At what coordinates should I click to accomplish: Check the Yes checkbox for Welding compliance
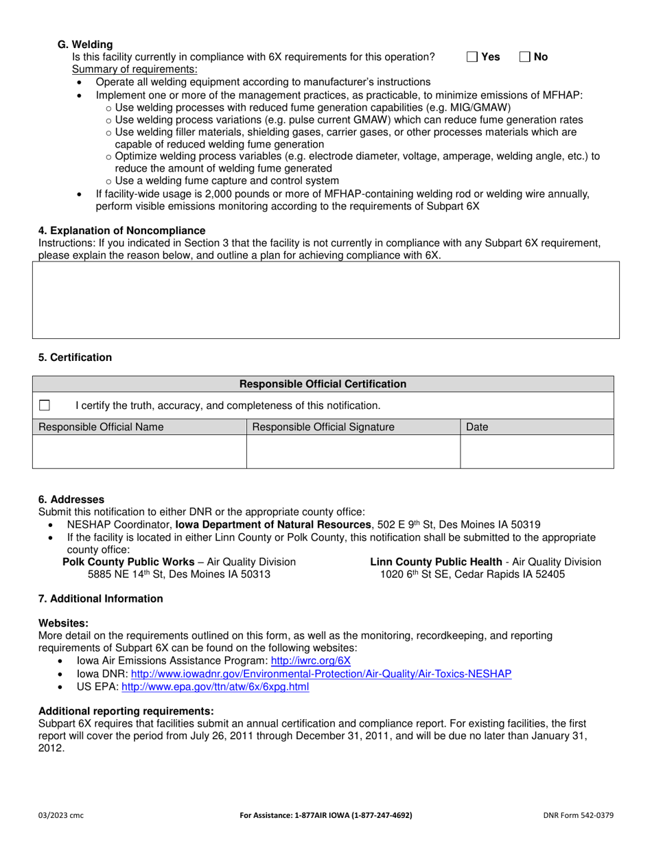pos(472,57)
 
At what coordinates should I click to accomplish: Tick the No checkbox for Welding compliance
pos(525,57)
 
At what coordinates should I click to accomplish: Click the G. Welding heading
pos(85,45)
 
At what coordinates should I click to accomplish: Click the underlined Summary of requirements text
pos(135,69)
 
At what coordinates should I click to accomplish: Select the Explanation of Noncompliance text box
pos(326,300)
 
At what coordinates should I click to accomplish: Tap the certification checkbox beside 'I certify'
pos(45,405)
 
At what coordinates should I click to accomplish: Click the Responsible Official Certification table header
pos(323,384)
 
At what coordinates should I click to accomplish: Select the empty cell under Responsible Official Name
pos(139,452)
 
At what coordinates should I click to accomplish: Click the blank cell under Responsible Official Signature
pos(353,452)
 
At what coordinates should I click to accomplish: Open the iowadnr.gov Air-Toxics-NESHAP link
pos(321,674)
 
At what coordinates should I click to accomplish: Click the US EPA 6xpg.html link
pos(215,687)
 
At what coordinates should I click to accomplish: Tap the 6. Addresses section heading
pos(71,500)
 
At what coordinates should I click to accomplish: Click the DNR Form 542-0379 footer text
pos(578,815)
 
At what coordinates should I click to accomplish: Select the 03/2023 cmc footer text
pos(61,815)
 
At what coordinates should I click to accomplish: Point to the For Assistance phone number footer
pos(326,815)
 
